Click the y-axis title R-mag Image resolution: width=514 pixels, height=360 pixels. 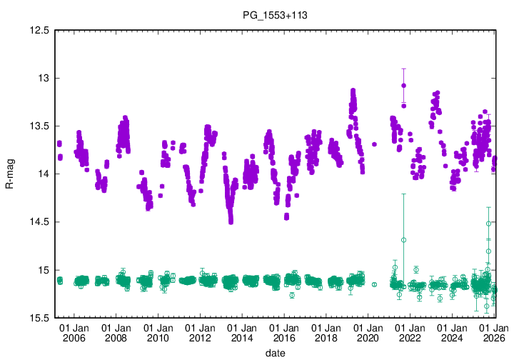click(9, 174)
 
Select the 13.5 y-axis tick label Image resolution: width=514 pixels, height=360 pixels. click(39, 126)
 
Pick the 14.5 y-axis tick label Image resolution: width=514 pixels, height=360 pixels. click(39, 222)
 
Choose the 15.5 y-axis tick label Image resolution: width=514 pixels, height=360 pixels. click(39, 318)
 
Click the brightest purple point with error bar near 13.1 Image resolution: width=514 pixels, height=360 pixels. click(403, 86)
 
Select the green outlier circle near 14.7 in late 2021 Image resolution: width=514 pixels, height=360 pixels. click(403, 240)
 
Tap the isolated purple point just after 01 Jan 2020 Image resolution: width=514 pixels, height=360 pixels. click(374, 144)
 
